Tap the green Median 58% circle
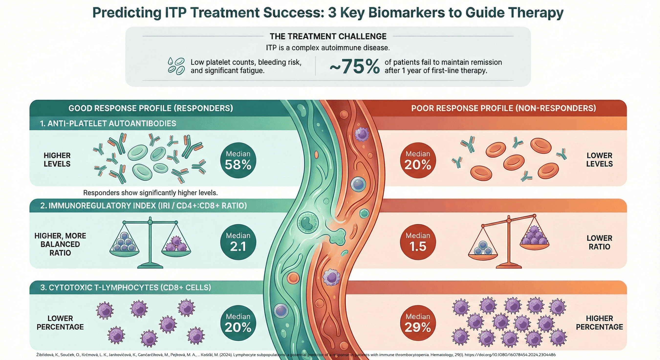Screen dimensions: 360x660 (238, 160)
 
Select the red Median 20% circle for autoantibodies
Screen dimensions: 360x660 (418, 160)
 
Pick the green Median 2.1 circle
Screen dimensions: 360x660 (238, 242)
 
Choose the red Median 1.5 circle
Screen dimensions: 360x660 (418, 242)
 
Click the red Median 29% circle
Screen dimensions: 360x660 (418, 323)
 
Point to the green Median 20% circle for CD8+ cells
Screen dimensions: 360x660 (238, 323)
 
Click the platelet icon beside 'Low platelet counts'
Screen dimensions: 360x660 (176, 66)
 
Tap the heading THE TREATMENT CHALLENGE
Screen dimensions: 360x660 (328, 36)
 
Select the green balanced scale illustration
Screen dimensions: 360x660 (150, 242)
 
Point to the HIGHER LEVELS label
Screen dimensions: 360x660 (57, 160)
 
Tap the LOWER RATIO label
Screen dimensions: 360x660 (599, 242)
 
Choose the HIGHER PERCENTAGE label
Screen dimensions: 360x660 (599, 323)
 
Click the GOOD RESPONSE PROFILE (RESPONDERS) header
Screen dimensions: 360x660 (151, 108)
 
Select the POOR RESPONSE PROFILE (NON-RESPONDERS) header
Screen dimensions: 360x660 (503, 108)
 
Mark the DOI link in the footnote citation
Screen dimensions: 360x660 (510, 355)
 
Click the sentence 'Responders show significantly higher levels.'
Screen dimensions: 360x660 (150, 193)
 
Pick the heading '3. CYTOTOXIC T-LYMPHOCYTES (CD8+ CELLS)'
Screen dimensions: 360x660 (126, 287)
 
